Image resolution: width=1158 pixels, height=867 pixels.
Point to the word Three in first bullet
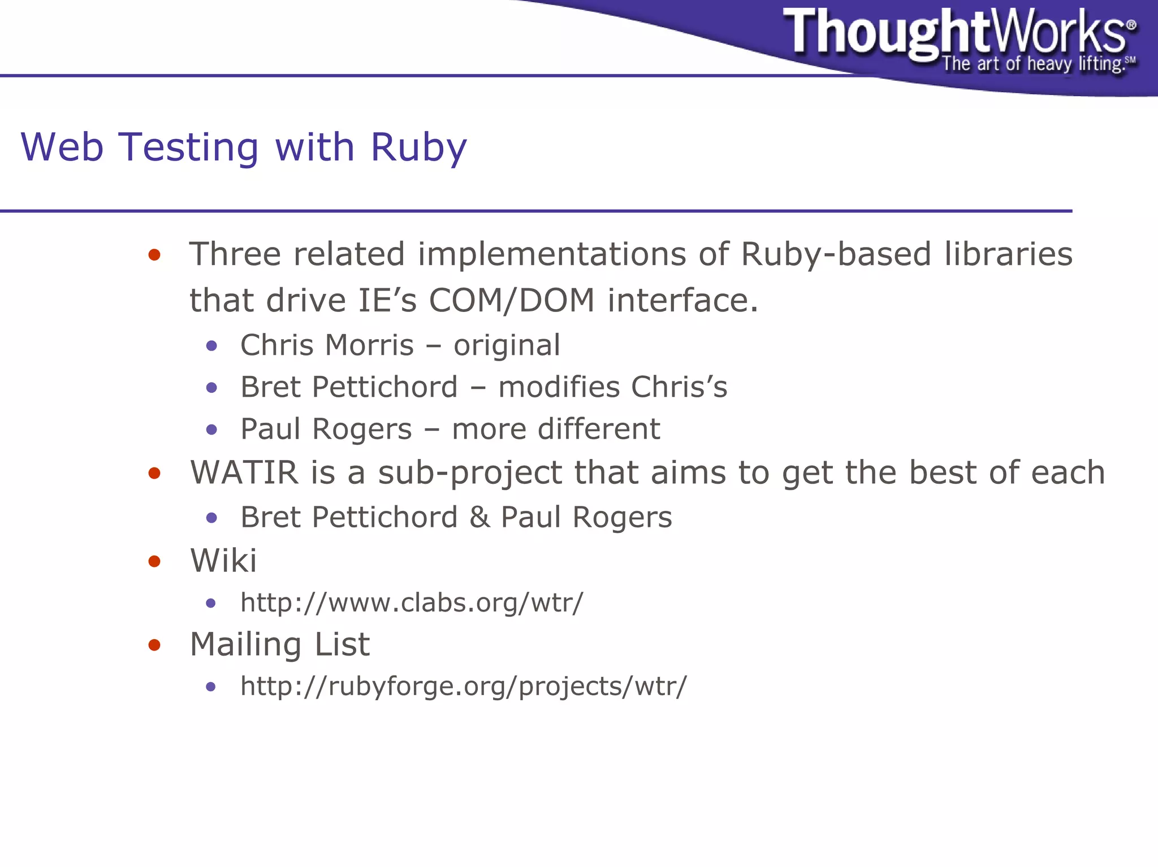click(x=235, y=254)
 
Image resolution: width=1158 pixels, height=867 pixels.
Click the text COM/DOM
click(x=511, y=300)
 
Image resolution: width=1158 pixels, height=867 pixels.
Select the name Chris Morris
click(x=327, y=345)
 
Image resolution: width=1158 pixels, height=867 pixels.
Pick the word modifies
click(x=559, y=388)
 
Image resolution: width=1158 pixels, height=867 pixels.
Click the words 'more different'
click(x=555, y=430)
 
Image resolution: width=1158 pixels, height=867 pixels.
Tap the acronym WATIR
click(x=244, y=472)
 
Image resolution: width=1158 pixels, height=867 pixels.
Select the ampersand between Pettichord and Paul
click(x=479, y=517)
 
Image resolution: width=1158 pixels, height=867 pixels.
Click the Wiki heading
click(x=223, y=561)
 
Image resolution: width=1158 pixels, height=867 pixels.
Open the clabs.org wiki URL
click(x=411, y=603)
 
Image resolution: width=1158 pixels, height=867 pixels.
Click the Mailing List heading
click(x=279, y=645)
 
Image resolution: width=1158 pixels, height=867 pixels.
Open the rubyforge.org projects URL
click(x=463, y=687)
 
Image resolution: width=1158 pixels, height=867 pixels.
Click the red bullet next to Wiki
click(x=154, y=561)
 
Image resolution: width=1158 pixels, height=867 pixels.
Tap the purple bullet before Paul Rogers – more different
click(x=211, y=430)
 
